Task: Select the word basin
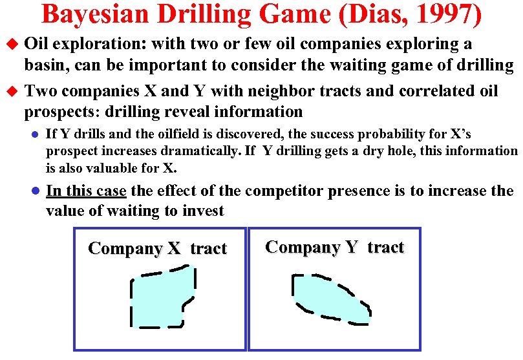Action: tap(45, 65)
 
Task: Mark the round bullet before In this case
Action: tap(37, 192)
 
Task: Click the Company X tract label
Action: tap(157, 249)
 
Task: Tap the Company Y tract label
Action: tap(334, 248)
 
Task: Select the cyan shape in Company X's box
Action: tap(162, 297)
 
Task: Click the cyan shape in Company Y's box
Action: tap(330, 297)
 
